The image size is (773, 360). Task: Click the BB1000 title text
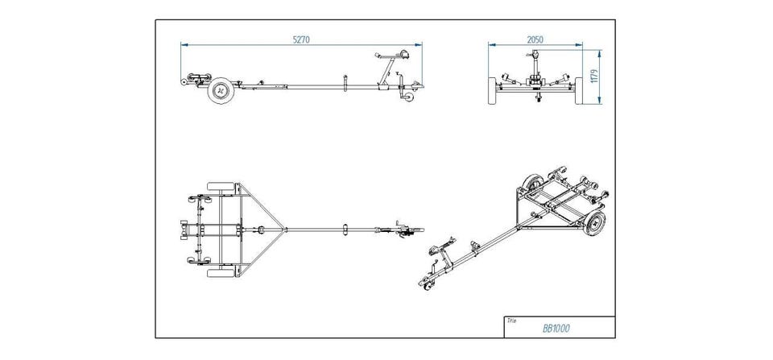(x=555, y=329)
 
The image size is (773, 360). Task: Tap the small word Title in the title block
(x=511, y=319)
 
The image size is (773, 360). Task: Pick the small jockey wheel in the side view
(x=411, y=97)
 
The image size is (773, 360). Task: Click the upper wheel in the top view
(x=219, y=186)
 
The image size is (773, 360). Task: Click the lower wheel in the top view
(x=219, y=272)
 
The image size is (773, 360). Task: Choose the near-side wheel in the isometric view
(x=595, y=226)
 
